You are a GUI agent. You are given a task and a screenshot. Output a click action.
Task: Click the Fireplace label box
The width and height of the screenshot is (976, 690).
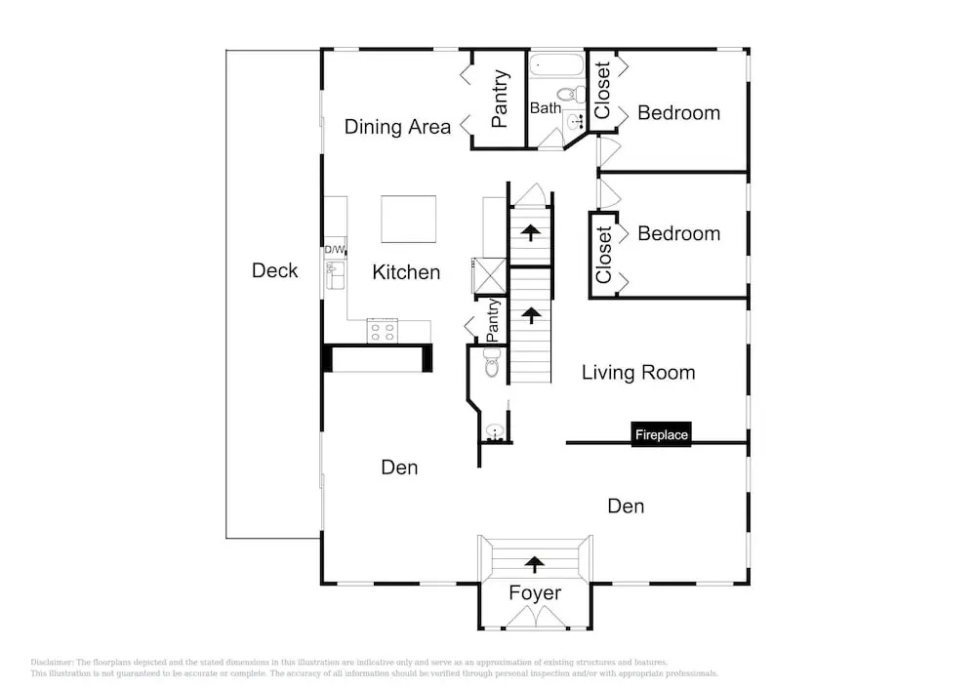tap(661, 434)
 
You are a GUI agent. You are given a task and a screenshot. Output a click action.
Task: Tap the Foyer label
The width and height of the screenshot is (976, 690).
tap(535, 593)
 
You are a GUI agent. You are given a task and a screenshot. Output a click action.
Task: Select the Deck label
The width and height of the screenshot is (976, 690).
tap(274, 270)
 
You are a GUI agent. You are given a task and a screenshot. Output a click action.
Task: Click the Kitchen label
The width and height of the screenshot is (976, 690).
tap(406, 272)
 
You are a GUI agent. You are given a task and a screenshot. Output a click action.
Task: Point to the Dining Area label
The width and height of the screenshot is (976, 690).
tap(397, 127)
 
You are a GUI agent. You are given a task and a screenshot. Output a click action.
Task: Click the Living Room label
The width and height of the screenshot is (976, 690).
tap(638, 373)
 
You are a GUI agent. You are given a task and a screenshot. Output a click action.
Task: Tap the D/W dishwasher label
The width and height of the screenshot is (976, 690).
tap(334, 250)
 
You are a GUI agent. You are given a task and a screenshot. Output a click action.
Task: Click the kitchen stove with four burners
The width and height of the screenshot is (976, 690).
tap(383, 331)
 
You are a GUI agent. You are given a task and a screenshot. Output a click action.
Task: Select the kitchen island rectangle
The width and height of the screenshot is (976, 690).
tap(408, 219)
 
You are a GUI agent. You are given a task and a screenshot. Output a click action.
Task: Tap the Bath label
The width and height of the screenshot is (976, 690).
tap(546, 108)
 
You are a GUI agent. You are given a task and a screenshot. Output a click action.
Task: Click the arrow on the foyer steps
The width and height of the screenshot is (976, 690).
tap(534, 564)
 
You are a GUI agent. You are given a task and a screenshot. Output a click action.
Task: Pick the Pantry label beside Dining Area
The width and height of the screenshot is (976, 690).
tap(499, 99)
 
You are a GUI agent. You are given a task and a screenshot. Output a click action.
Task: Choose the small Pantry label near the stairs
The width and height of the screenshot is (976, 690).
tap(492, 320)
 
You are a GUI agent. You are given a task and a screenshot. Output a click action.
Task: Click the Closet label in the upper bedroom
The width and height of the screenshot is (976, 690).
tap(602, 90)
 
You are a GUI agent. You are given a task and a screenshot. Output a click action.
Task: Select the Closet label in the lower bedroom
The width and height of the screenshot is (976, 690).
tap(603, 255)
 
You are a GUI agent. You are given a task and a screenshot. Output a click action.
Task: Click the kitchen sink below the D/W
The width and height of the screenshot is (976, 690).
tap(335, 275)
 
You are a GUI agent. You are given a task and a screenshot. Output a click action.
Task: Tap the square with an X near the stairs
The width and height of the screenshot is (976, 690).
tap(489, 275)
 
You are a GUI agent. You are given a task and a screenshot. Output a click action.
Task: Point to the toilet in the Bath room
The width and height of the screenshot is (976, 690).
tap(571, 95)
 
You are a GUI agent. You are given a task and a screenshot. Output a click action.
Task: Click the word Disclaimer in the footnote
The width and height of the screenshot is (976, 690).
tap(52, 663)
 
